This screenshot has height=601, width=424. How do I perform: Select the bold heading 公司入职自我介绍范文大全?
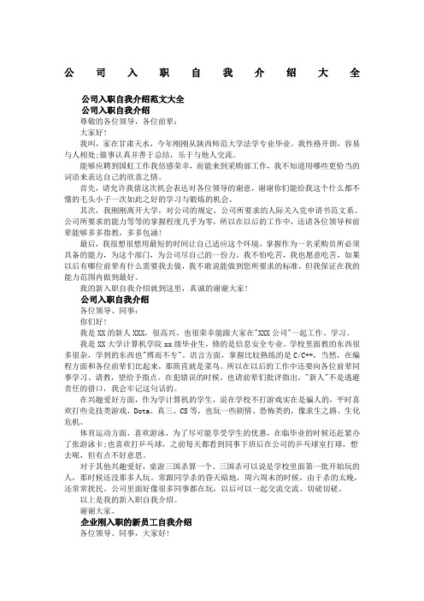click(x=136, y=99)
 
